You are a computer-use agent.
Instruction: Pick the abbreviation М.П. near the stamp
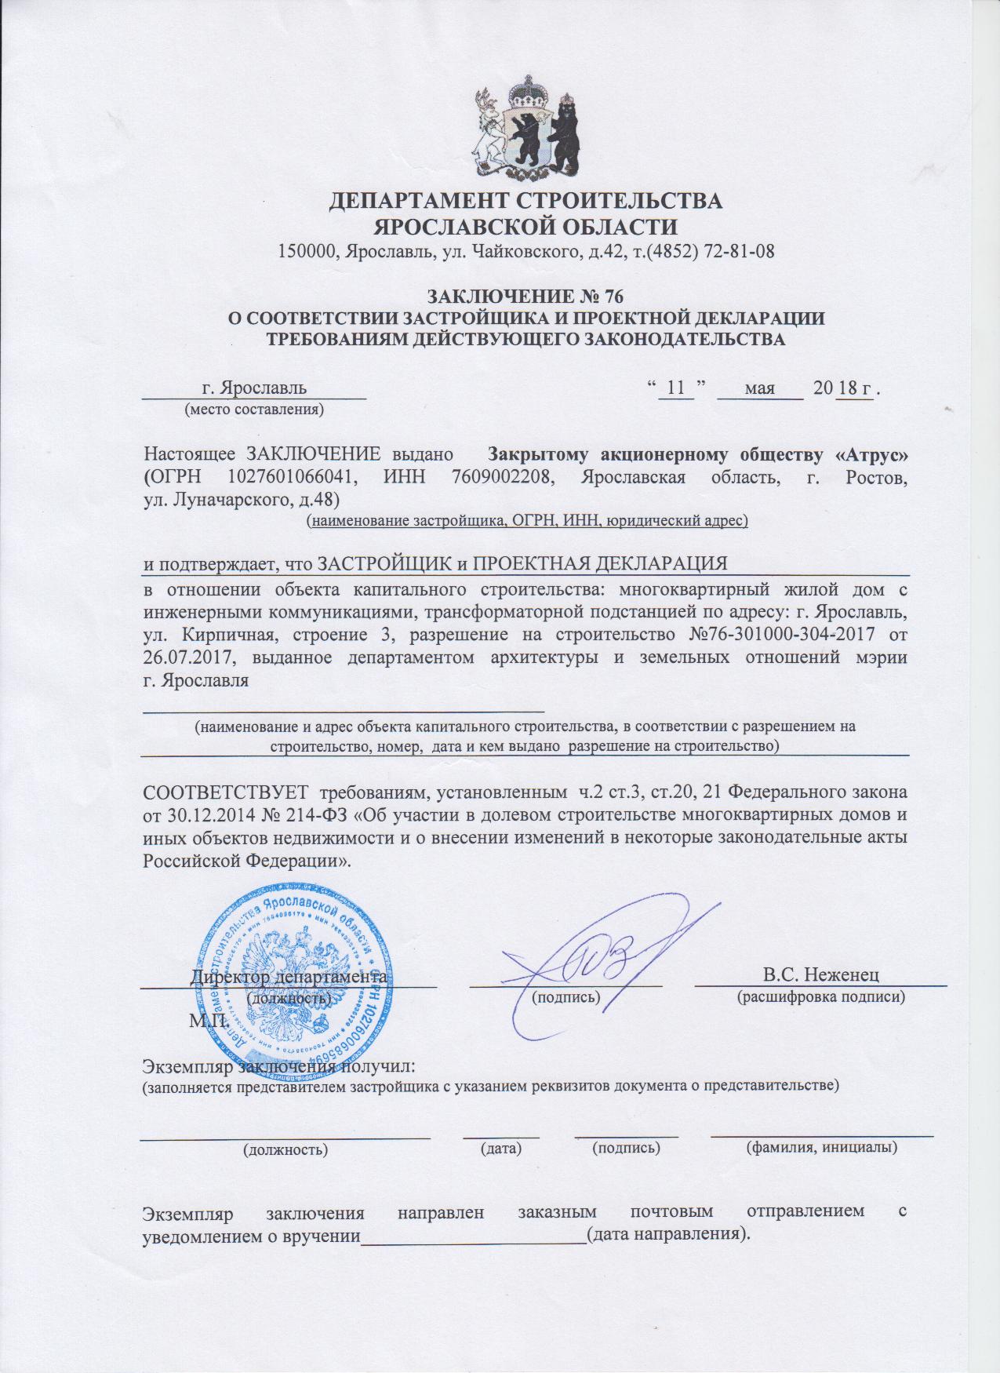pyautogui.click(x=208, y=1021)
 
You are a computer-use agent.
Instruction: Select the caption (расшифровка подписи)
pyautogui.click(x=821, y=997)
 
